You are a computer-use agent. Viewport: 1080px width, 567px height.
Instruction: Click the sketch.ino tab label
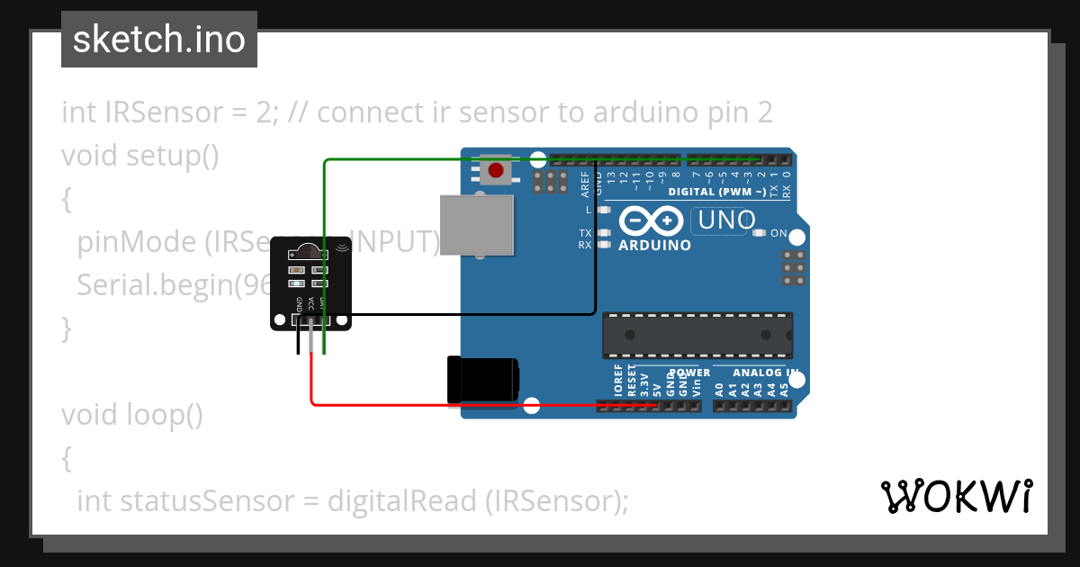[x=159, y=40]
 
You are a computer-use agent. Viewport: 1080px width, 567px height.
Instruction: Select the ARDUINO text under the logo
[x=655, y=245]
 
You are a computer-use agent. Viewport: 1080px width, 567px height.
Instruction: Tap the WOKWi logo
[x=956, y=496]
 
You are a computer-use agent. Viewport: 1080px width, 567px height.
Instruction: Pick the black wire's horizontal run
[x=468, y=314]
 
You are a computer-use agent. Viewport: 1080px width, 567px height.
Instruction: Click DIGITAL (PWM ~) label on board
[x=716, y=192]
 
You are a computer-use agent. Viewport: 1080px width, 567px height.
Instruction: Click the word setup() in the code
[x=172, y=156]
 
